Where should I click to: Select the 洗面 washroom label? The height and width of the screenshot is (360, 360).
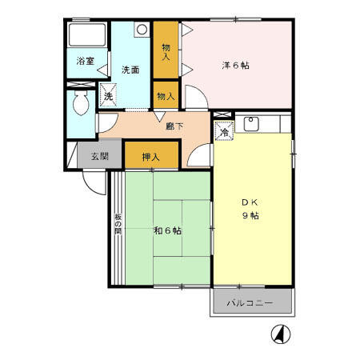[x=130, y=70]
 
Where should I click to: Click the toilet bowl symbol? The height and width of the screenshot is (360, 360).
[x=81, y=105]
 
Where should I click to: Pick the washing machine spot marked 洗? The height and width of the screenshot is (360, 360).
[x=109, y=97]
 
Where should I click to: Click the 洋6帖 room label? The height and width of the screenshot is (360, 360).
[x=234, y=65]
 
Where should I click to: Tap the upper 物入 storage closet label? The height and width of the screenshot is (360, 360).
[x=165, y=52]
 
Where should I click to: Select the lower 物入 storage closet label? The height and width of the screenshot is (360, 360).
[x=165, y=97]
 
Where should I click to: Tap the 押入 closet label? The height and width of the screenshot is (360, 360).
[x=152, y=156]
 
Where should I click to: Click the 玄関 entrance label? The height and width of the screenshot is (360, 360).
[x=99, y=155]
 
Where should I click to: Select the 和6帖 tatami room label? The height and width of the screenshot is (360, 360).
[x=166, y=230]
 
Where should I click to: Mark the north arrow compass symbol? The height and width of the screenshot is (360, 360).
[x=282, y=333]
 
